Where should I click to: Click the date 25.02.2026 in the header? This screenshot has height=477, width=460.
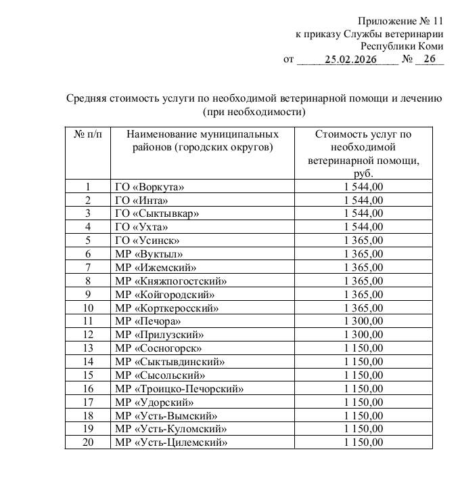(350, 60)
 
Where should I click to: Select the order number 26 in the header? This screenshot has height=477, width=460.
(428, 60)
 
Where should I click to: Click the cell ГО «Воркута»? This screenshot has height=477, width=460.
(149, 186)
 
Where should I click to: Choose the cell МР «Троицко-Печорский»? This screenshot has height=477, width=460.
(179, 388)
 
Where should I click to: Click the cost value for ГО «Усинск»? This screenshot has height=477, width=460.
(363, 240)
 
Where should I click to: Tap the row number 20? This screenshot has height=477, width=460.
(87, 442)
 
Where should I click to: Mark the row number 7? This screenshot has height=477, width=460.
(87, 267)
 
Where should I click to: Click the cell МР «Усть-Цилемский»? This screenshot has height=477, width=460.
(171, 442)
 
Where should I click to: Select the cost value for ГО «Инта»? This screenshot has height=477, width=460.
(363, 200)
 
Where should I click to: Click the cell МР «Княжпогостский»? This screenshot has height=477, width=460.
(170, 281)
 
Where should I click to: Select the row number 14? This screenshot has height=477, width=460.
(87, 361)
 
